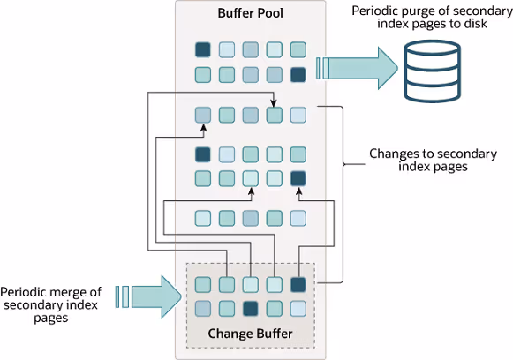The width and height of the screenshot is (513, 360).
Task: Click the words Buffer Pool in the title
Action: (x=250, y=13)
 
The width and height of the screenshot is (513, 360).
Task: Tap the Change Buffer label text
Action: (x=250, y=334)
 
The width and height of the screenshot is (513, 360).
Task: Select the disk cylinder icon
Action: (x=432, y=71)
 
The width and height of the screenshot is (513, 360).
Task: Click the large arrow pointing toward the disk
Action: (x=357, y=68)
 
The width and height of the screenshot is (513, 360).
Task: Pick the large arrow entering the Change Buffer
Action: (x=149, y=296)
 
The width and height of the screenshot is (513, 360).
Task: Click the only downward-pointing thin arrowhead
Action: (x=274, y=103)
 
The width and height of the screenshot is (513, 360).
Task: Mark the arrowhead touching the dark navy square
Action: (x=298, y=193)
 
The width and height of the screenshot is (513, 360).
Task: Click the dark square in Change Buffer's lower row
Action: (x=250, y=309)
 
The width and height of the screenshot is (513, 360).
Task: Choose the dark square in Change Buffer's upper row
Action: (x=298, y=285)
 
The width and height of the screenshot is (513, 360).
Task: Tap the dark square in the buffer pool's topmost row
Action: (x=203, y=49)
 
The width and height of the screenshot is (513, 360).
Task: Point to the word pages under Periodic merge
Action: (x=51, y=319)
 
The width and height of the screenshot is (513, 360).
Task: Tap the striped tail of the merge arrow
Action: (x=122, y=296)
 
